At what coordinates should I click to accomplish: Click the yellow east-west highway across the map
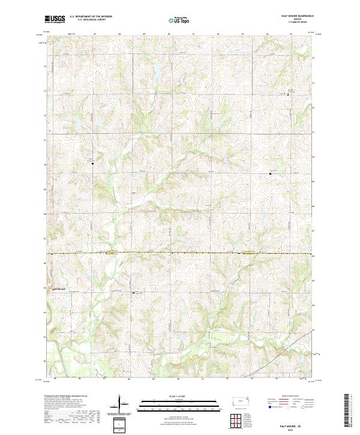[180, 254]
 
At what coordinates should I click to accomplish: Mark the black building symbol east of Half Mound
[133, 293]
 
